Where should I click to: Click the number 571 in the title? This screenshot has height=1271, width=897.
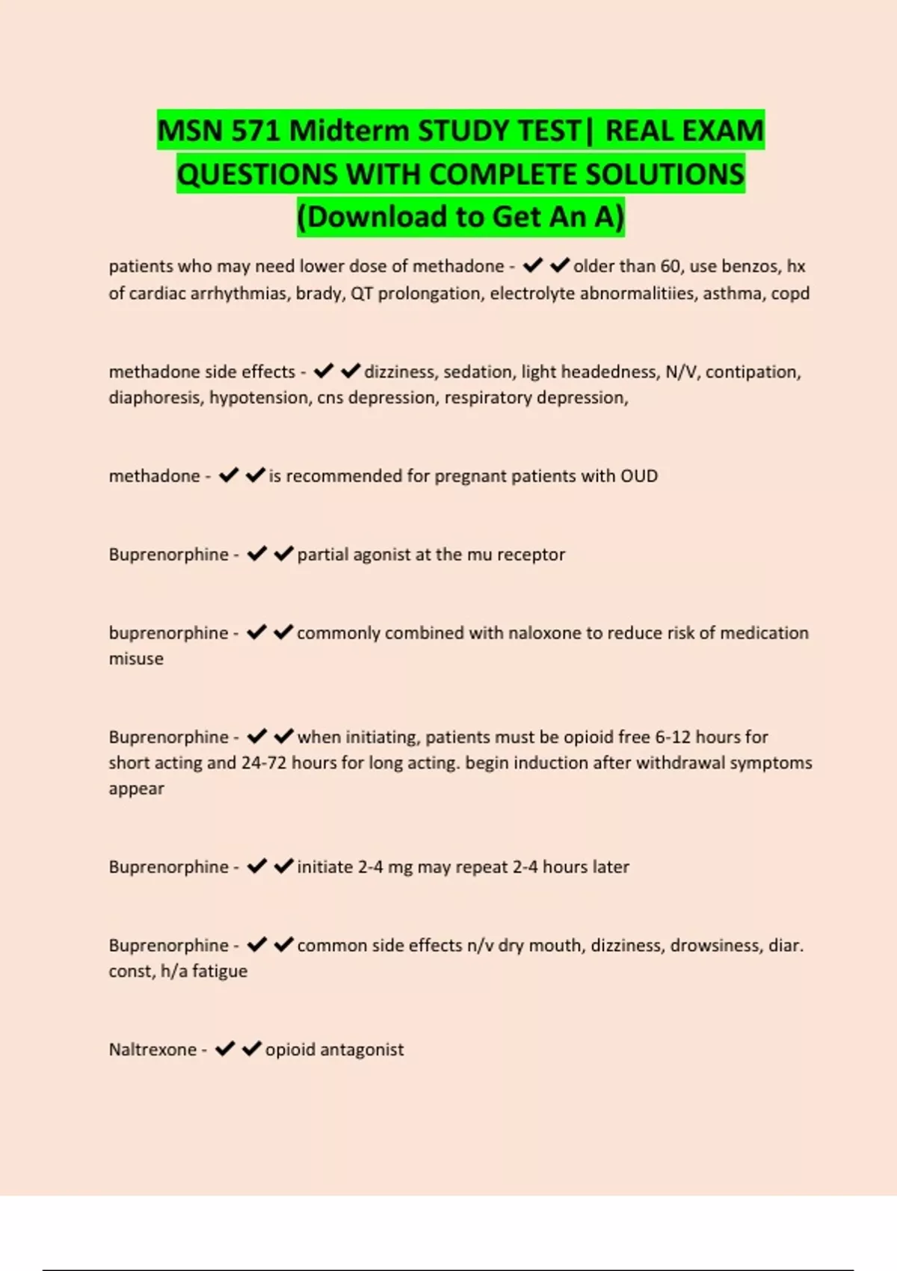(256, 131)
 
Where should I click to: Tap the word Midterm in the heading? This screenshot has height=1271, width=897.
(348, 131)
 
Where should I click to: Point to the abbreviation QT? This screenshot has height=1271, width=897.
(361, 293)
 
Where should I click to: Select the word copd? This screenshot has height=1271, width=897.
(790, 293)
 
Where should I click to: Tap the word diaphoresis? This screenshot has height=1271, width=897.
(155, 398)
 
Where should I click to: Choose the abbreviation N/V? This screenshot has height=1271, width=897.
(681, 372)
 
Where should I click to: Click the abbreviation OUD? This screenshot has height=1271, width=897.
(638, 476)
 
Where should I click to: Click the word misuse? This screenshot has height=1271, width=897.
(136, 659)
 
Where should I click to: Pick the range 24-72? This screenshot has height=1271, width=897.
(264, 763)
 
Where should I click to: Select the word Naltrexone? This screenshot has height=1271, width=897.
(152, 1050)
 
